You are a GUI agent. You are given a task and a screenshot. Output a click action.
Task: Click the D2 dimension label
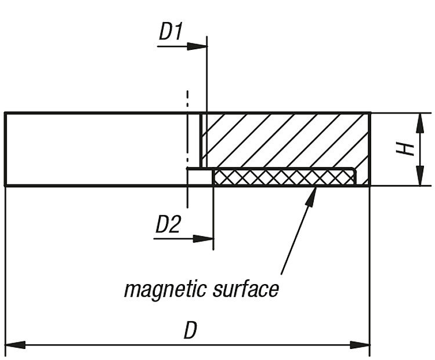point(168,224)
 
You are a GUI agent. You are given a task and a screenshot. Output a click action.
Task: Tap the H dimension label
point(405,150)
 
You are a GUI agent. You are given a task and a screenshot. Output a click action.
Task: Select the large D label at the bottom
point(190,330)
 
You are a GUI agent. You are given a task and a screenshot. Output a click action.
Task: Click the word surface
point(246,289)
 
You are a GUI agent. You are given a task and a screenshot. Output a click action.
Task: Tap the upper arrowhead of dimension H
point(420,123)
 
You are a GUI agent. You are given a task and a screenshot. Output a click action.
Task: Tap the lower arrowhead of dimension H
point(420,175)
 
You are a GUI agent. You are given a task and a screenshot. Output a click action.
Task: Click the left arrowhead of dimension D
point(16,345)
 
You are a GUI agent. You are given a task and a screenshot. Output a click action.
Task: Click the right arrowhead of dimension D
point(360,345)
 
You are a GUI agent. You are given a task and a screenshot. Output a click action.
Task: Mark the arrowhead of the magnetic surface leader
point(311,195)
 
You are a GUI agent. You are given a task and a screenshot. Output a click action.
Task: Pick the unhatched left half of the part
point(96,149)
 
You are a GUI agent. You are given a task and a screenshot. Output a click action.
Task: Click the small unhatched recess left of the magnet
point(200,177)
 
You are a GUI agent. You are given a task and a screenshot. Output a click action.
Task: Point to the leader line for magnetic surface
point(299,231)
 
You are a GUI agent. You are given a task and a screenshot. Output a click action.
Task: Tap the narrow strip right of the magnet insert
point(364,177)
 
